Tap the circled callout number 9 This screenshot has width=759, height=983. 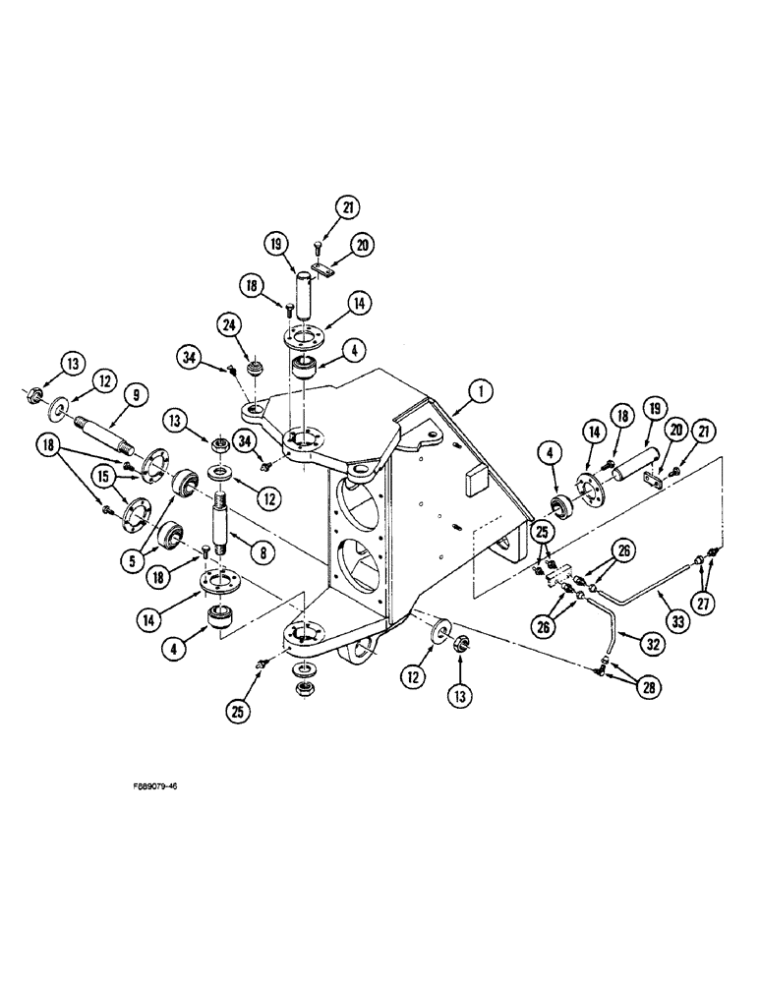(136, 394)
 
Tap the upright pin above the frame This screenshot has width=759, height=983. (306, 294)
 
